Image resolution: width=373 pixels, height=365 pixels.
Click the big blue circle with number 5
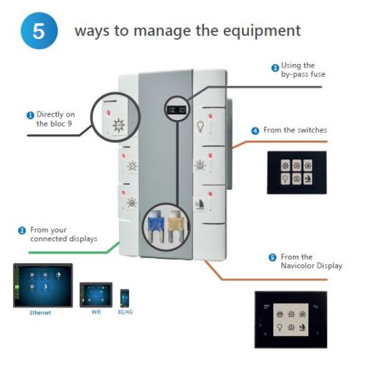point(39,31)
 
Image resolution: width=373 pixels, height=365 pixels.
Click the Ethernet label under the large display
point(40,313)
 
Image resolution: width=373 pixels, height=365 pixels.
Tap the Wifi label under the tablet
point(96,312)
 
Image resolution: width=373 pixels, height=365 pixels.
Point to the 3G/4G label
point(125,312)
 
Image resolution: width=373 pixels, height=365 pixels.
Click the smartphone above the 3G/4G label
point(125,298)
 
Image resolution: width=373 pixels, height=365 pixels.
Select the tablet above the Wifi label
point(96,295)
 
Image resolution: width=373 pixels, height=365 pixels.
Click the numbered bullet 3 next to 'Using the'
point(275,68)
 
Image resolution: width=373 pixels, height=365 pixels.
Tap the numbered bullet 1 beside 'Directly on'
point(30,116)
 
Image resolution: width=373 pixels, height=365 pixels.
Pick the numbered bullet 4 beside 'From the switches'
point(255,131)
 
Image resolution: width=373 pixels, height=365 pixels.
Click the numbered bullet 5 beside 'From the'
point(273,258)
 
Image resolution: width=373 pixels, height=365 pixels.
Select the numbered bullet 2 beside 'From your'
point(22,231)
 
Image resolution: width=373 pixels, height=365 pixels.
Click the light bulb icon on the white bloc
point(200,126)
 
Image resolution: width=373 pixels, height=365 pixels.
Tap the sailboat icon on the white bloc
point(201,204)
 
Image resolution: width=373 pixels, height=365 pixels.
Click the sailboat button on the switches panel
point(308,179)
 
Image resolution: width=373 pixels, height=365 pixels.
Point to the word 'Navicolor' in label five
point(296,266)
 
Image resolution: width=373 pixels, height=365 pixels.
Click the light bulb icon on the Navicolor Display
point(279,327)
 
